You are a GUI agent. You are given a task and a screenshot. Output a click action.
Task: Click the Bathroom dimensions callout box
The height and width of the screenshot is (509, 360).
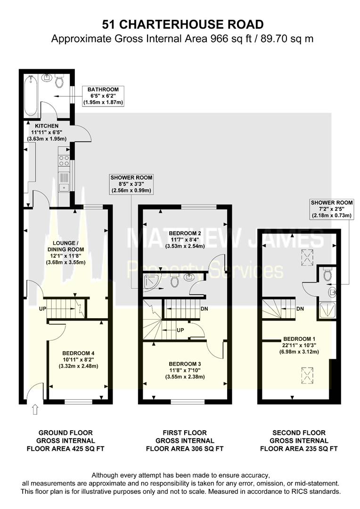coord(102,96)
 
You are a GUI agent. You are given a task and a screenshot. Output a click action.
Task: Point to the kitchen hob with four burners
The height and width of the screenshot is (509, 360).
coord(64,161)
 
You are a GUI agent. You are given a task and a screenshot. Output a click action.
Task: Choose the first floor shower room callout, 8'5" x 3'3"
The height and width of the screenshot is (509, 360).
coord(131,184)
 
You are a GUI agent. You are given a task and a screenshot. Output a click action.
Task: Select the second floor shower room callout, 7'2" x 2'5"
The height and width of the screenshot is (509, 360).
coord(332,209)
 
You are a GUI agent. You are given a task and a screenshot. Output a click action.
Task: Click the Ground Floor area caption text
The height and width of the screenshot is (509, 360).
coord(65,440)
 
